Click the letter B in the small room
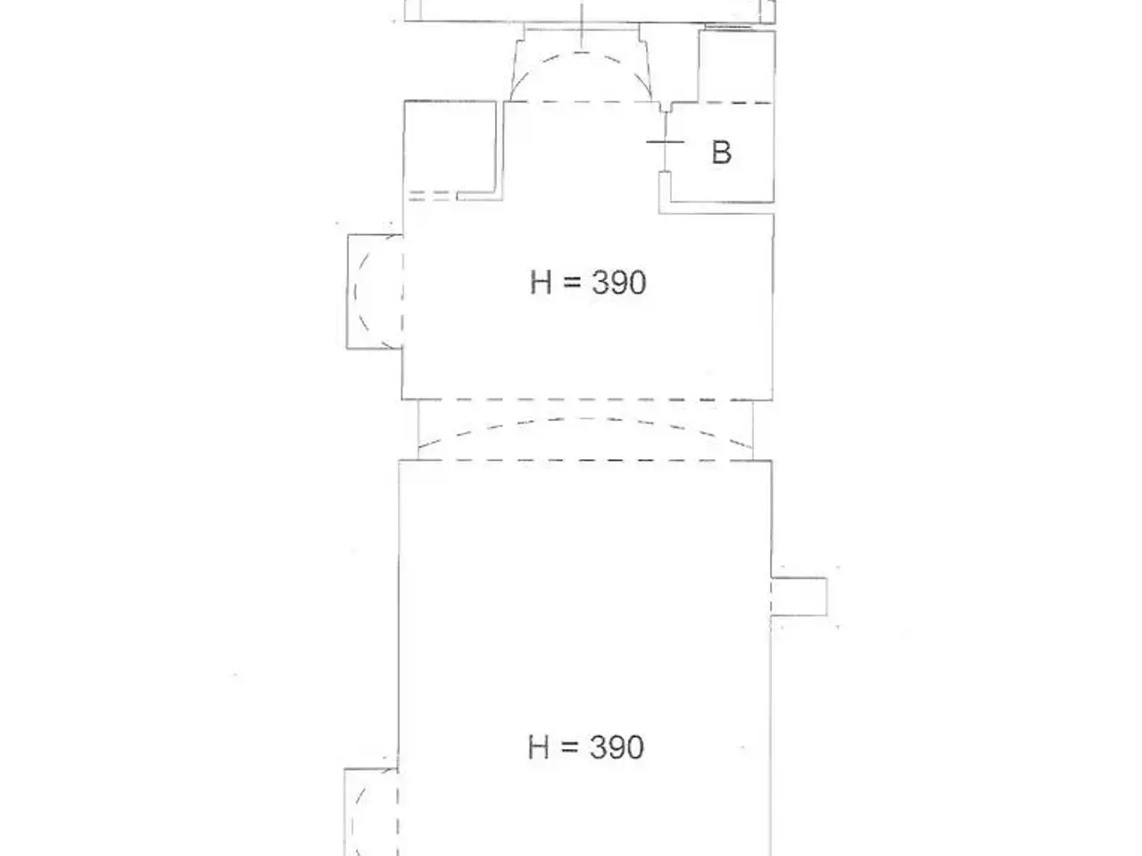pyautogui.click(x=721, y=152)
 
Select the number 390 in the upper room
pyautogui.click(x=619, y=283)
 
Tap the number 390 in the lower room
pyautogui.click(x=617, y=747)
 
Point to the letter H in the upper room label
pyautogui.click(x=541, y=283)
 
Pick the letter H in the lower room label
pyautogui.click(x=539, y=747)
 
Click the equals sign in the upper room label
pyautogui.click(x=572, y=284)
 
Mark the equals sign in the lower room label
pyautogui.click(x=570, y=748)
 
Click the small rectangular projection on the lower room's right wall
pyautogui.click(x=799, y=597)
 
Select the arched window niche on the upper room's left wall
pyautogui.click(x=375, y=292)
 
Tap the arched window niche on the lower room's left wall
pyautogui.click(x=371, y=811)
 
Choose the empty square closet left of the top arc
pyautogui.click(x=450, y=147)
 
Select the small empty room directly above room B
pyautogui.click(x=736, y=66)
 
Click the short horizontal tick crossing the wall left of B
pyautogui.click(x=665, y=142)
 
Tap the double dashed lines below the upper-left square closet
pyautogui.click(x=429, y=195)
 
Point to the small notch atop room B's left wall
pyautogui.click(x=665, y=106)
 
